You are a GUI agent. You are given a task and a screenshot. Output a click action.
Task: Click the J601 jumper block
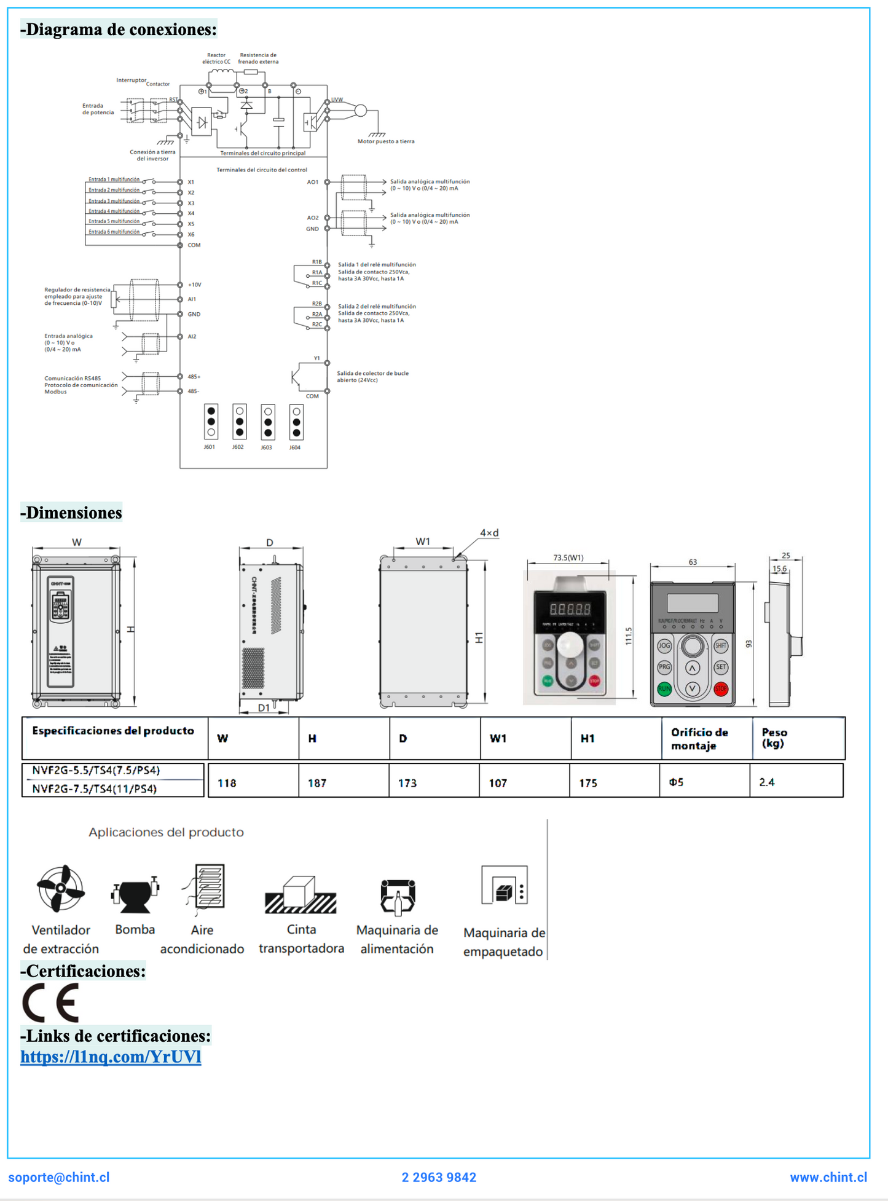[211, 422]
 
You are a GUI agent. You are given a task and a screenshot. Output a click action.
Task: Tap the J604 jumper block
[296, 422]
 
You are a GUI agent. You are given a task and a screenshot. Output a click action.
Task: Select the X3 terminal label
[191, 203]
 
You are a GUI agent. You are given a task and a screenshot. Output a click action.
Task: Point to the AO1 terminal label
[313, 182]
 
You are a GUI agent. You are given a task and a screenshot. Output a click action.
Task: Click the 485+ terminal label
[194, 377]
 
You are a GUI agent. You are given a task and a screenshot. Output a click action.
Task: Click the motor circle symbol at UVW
[361, 111]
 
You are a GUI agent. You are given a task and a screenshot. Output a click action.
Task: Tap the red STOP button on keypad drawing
[721, 689]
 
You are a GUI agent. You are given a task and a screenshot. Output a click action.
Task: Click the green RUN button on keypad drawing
[664, 689]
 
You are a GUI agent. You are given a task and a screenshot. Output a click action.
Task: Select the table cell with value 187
[317, 783]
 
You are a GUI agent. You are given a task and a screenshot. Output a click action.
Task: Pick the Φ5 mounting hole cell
[676, 782]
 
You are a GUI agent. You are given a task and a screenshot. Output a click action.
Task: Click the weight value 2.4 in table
[766, 782]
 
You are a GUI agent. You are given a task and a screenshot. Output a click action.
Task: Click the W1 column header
[498, 739]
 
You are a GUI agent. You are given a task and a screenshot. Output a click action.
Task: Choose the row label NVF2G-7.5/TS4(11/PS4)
[95, 789]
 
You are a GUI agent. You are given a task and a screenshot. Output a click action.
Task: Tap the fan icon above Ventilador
[60, 889]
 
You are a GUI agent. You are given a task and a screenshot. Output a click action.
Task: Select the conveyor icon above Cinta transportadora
[301, 895]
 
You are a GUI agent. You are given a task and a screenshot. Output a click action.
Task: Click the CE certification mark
[51, 1002]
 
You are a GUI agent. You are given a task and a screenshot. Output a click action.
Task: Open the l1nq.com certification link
[111, 1057]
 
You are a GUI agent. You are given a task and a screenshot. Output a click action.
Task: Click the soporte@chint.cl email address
[59, 1178]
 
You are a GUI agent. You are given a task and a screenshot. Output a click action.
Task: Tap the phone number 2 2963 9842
[439, 1178]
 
